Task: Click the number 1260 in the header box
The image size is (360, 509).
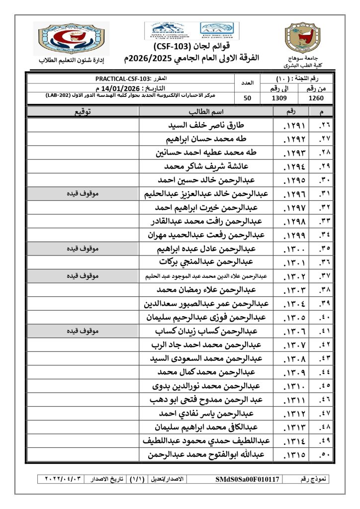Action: point(316,98)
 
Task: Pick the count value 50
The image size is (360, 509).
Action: point(247,98)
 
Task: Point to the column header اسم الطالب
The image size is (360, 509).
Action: point(206,112)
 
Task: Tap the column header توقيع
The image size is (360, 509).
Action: point(83,112)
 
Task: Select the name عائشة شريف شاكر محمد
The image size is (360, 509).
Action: point(206,166)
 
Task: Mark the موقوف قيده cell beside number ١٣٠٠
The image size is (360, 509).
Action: point(83,248)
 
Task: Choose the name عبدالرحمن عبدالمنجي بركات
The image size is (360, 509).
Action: point(206,261)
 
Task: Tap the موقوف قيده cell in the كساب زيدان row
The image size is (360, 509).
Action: point(83,330)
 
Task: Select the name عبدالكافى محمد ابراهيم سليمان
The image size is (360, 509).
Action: point(206,426)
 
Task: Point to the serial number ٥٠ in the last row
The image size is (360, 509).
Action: point(325,454)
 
